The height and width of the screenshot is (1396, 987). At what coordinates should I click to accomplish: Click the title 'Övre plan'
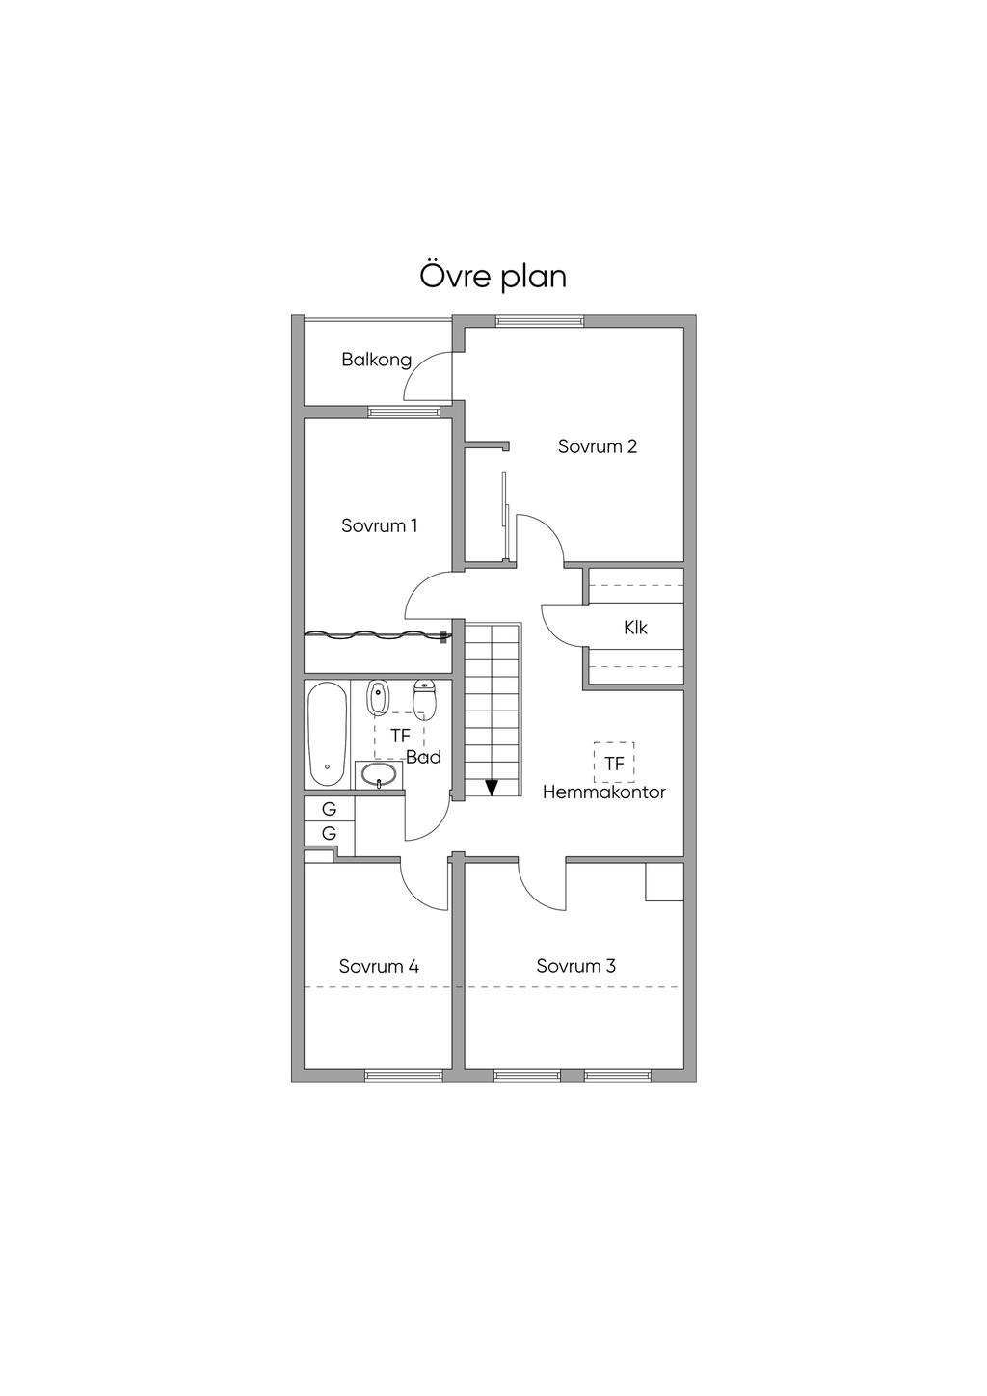point(493,276)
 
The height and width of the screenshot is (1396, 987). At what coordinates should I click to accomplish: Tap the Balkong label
point(376,360)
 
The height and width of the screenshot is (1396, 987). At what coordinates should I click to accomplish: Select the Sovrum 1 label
point(379,525)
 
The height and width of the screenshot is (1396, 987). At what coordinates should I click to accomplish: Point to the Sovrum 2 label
point(598,446)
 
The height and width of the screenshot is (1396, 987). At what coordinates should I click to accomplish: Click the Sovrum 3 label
point(576,966)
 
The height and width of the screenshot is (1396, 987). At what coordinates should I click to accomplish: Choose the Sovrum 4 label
point(379,966)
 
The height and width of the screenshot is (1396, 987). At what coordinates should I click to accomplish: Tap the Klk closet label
point(635,628)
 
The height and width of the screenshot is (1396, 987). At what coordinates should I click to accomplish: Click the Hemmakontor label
point(604,792)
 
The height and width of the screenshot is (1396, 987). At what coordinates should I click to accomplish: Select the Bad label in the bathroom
point(423,757)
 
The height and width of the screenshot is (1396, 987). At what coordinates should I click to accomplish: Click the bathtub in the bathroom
point(328,734)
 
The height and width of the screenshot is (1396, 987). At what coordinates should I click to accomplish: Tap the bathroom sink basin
point(379,775)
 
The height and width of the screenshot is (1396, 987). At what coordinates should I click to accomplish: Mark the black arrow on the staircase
point(492,787)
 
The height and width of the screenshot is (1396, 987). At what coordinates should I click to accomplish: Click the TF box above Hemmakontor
point(614,763)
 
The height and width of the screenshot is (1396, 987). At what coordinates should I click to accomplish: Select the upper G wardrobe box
point(329,809)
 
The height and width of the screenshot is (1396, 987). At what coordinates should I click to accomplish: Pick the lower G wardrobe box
point(329,833)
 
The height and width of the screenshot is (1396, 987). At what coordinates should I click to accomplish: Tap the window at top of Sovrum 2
point(540,321)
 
